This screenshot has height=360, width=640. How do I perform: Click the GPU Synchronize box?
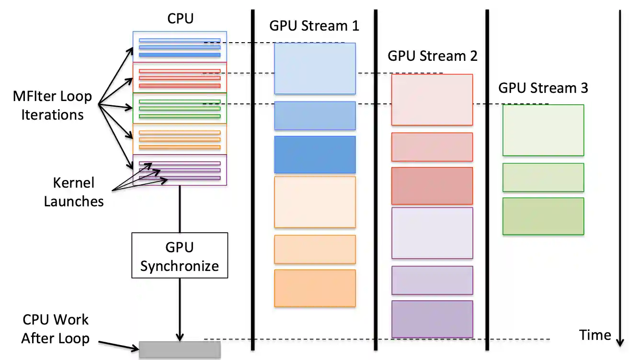pos(180,255)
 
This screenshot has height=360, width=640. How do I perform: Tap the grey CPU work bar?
pos(180,349)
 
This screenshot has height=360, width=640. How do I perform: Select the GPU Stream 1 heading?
pos(314,25)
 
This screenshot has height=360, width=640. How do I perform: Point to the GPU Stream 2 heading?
pos(432,56)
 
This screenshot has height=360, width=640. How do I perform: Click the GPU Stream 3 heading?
pos(543,88)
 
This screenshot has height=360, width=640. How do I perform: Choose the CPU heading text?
pos(181,19)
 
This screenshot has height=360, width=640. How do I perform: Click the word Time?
pos(595,335)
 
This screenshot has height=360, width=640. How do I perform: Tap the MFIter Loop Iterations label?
pos(52,105)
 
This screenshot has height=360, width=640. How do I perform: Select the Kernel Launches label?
pos(74,191)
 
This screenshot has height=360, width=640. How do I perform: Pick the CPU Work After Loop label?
pos(56,329)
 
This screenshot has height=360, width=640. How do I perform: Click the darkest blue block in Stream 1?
pos(315,155)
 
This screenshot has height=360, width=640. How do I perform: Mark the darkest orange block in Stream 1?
pos(315,288)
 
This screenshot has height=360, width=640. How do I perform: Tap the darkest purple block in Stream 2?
pos(432,319)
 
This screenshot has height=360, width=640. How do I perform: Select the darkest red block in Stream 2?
pos(432,186)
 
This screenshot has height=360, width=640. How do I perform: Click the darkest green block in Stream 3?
pos(543,216)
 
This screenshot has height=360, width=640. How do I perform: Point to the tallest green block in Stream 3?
pos(543,130)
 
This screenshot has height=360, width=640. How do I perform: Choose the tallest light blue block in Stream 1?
pos(315,68)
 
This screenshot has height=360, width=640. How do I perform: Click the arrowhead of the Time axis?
pos(620,342)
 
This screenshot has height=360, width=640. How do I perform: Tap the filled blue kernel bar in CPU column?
pos(180,55)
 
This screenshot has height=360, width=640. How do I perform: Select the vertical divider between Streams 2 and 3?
pos(487,180)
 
